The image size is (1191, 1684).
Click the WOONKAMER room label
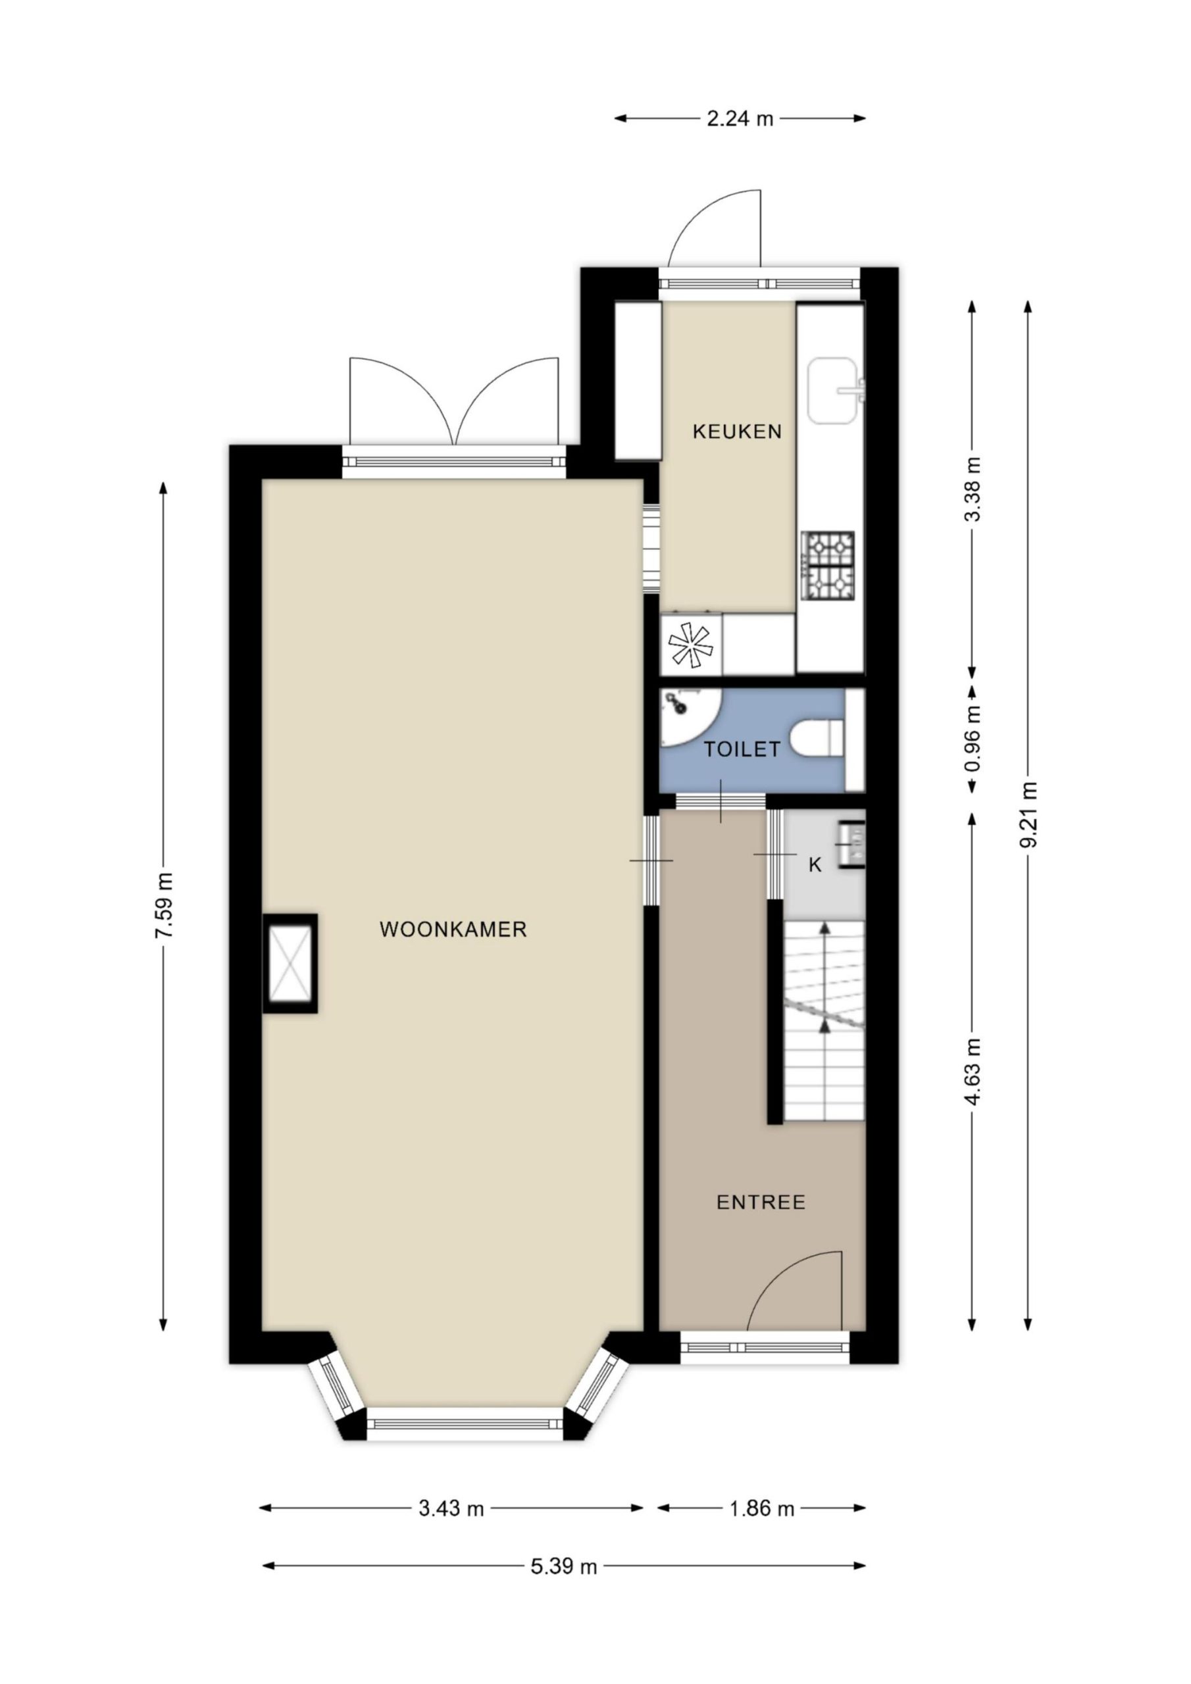[453, 929]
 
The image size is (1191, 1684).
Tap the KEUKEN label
[737, 432]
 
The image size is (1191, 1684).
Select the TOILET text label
[742, 750]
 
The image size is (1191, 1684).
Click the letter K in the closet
[815, 865]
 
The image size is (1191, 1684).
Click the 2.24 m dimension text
[740, 118]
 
